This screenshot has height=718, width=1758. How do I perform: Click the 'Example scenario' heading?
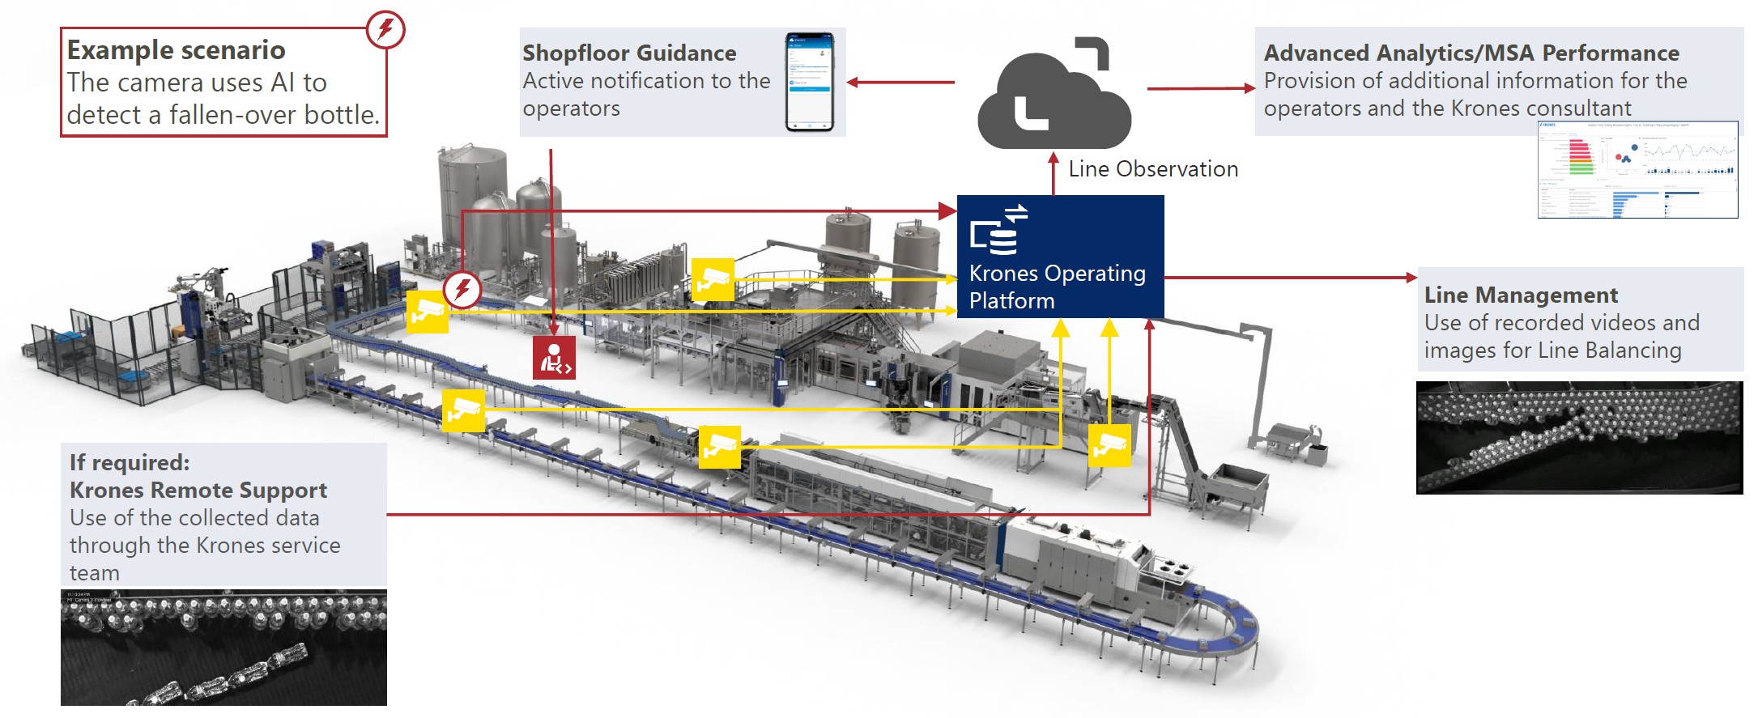[176, 50]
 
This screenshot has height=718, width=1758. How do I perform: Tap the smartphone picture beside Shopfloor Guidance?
[809, 82]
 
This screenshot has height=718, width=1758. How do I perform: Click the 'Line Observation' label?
[1152, 169]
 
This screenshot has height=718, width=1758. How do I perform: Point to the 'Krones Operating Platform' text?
[1057, 287]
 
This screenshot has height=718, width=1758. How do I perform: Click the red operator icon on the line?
[554, 358]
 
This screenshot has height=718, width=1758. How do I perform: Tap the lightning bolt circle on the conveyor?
[462, 289]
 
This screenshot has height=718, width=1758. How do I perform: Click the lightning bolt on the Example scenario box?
[385, 30]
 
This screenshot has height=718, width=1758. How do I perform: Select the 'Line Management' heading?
[1520, 295]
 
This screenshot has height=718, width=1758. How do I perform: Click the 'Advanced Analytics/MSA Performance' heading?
[1471, 53]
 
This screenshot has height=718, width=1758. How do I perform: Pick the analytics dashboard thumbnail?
[1637, 170]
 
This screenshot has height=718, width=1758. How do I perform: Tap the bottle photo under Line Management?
[1579, 437]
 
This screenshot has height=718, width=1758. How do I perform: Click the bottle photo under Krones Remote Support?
[223, 647]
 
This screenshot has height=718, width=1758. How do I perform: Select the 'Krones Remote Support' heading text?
[198, 491]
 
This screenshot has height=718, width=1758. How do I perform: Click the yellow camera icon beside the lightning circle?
[427, 312]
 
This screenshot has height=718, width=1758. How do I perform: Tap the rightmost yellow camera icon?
[1109, 445]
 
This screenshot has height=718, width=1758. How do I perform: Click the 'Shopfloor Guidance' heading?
[629, 53]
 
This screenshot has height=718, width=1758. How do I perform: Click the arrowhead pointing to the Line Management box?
[1411, 278]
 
